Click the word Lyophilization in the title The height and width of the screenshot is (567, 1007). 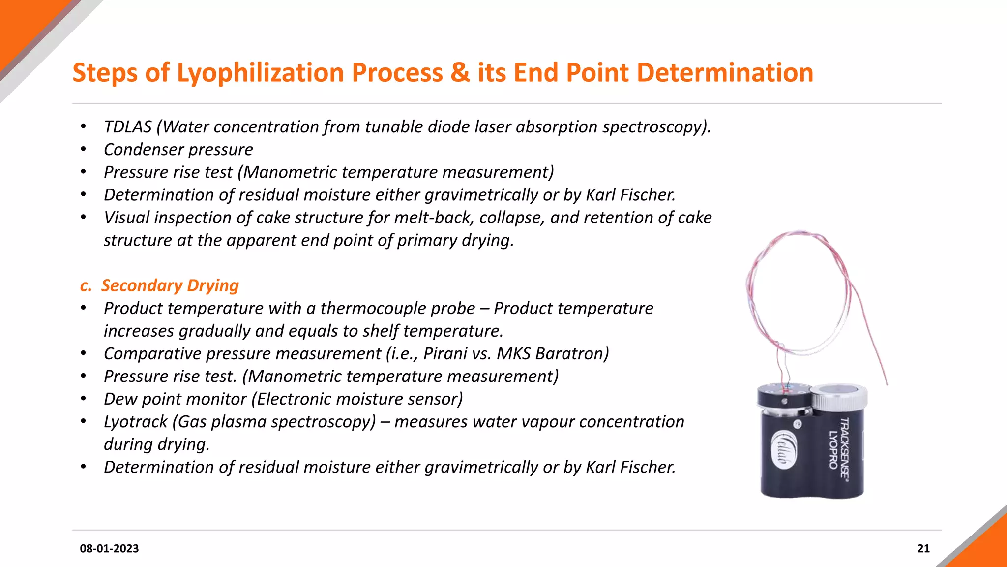click(x=260, y=73)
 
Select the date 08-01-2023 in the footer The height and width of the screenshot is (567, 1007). click(x=109, y=548)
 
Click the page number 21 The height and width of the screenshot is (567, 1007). click(x=923, y=548)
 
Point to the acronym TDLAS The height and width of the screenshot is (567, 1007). click(x=127, y=127)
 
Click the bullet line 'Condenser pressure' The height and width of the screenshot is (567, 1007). click(x=178, y=150)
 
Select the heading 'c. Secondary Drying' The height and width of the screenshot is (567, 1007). click(x=159, y=285)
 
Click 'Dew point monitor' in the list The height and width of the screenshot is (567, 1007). click(x=175, y=399)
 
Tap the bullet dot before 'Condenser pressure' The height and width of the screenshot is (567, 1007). click(x=84, y=149)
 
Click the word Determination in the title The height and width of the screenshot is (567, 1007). click(x=725, y=73)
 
